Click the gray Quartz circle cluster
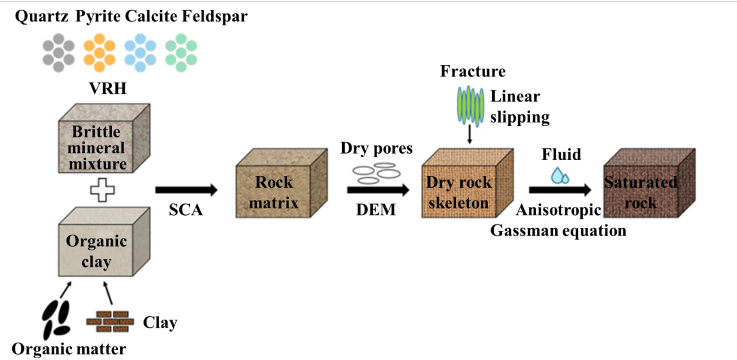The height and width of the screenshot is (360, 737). [x=58, y=53]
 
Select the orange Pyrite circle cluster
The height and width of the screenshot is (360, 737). [x=99, y=53]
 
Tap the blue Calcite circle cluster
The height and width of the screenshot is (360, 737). [x=140, y=53]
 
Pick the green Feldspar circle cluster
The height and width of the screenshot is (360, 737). [x=181, y=53]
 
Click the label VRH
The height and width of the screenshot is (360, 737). [x=107, y=88]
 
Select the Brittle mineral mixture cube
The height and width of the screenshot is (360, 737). [x=104, y=139]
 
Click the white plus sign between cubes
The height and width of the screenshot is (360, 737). [x=102, y=190]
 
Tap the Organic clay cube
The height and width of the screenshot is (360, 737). [x=104, y=243]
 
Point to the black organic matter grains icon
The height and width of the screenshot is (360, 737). [x=56, y=320]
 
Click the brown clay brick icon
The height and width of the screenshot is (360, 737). [x=110, y=322]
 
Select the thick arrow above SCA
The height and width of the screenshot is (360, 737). [x=186, y=190]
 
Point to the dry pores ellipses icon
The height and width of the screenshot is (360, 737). [x=376, y=173]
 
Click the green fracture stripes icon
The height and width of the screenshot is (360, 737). [x=470, y=105]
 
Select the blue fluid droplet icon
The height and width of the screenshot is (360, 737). [x=560, y=175]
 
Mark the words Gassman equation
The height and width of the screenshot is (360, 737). [x=558, y=231]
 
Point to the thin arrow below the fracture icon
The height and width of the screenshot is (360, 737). [x=470, y=134]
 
